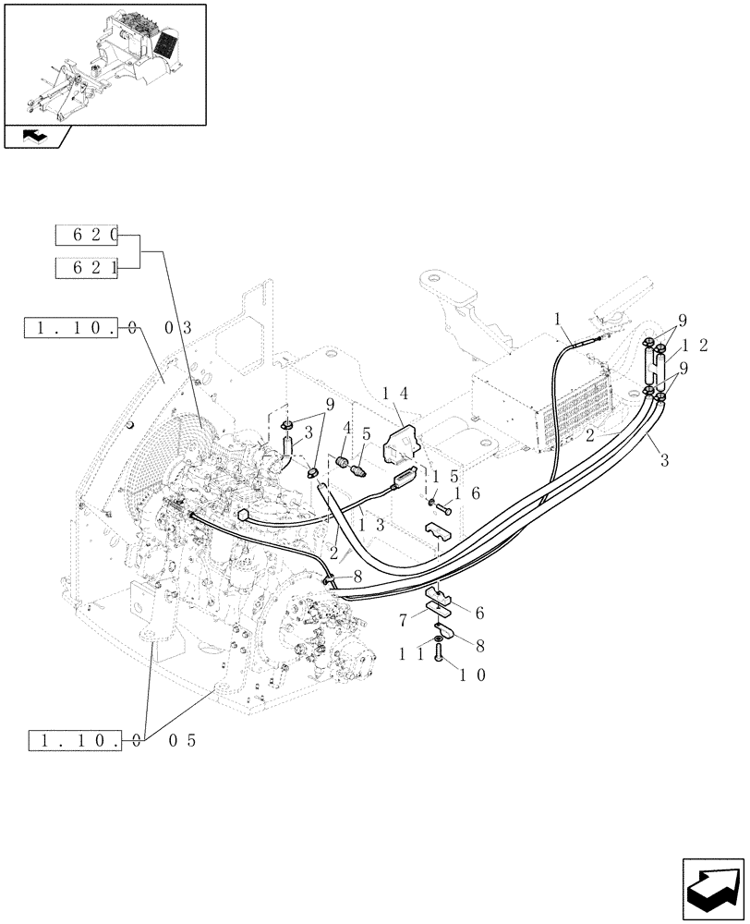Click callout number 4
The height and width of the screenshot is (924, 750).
346,428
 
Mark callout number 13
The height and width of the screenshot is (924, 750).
360,525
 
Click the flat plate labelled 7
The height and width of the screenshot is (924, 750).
439,609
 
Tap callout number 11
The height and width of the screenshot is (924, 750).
413,654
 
